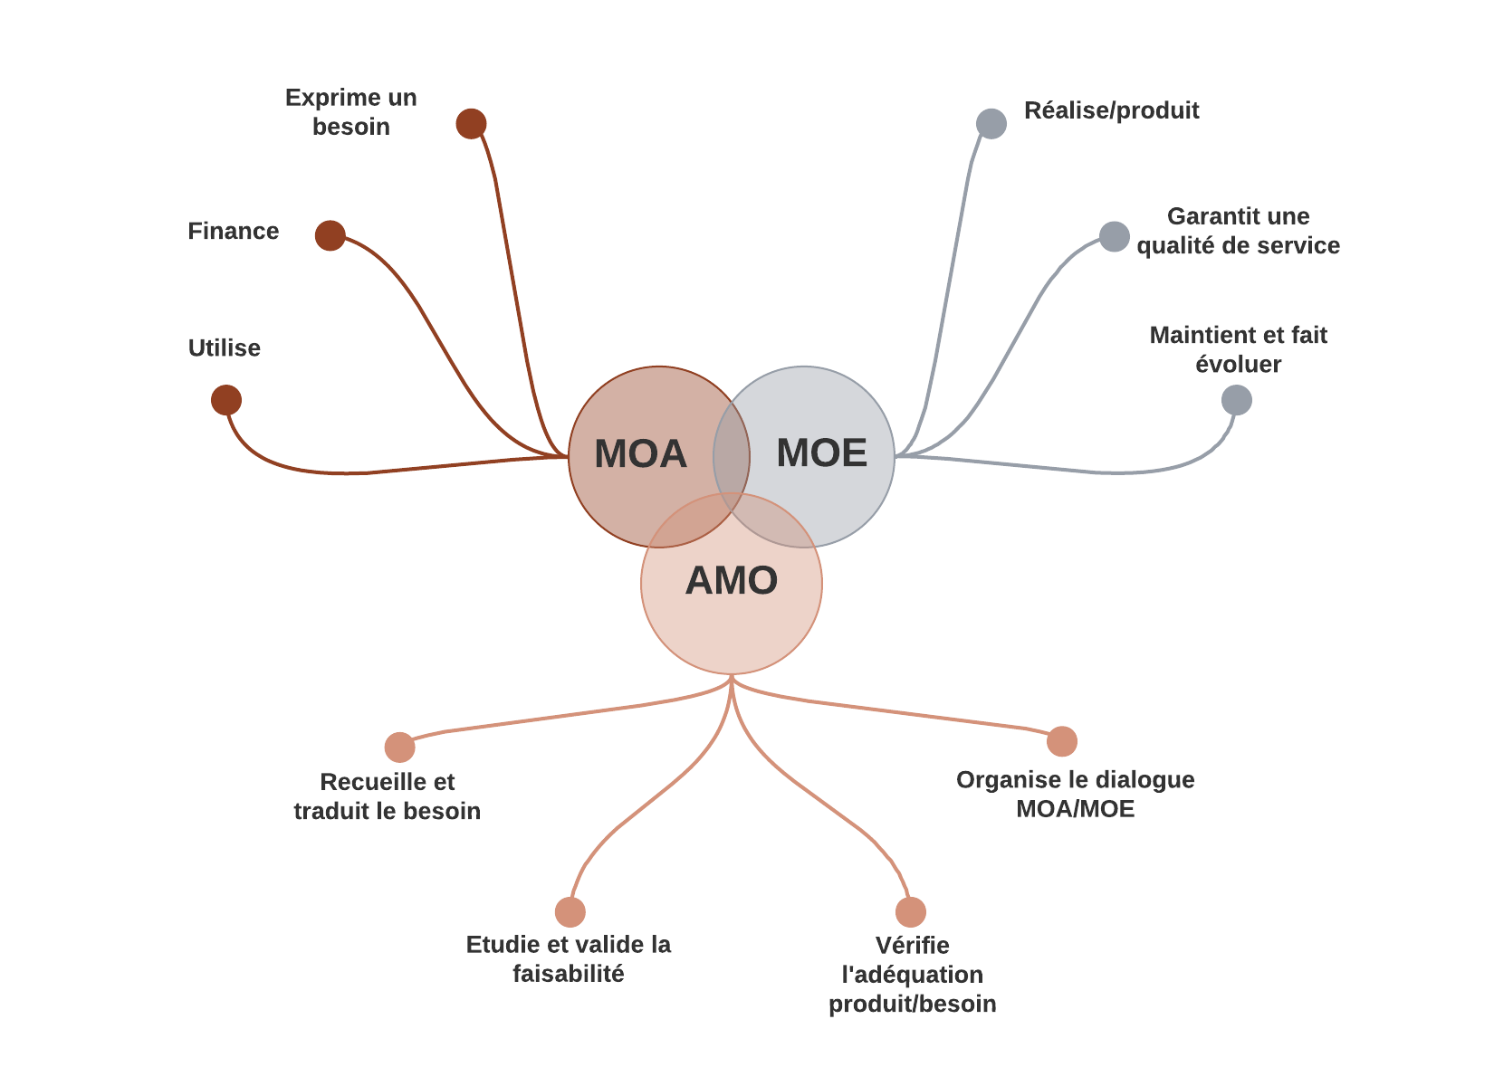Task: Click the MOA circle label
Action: (640, 453)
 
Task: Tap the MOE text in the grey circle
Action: (821, 453)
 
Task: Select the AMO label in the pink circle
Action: (732, 580)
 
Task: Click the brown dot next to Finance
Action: (330, 235)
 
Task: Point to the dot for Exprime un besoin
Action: (471, 123)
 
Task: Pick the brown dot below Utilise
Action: (226, 400)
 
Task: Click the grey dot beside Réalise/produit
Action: (991, 123)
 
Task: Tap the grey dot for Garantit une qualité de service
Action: (1115, 236)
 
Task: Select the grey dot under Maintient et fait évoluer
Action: (1237, 400)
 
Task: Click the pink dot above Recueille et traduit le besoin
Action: (399, 748)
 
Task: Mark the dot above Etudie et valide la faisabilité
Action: (570, 912)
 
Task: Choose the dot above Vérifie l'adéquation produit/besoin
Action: (911, 912)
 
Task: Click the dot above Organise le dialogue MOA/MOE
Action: (1062, 741)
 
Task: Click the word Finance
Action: (233, 231)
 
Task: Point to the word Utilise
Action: (224, 348)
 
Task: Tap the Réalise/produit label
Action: (1111, 110)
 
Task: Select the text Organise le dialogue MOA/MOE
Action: (1075, 794)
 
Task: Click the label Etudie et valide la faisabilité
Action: (569, 958)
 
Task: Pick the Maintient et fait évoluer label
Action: (1238, 349)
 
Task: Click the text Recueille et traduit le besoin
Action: (388, 795)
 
